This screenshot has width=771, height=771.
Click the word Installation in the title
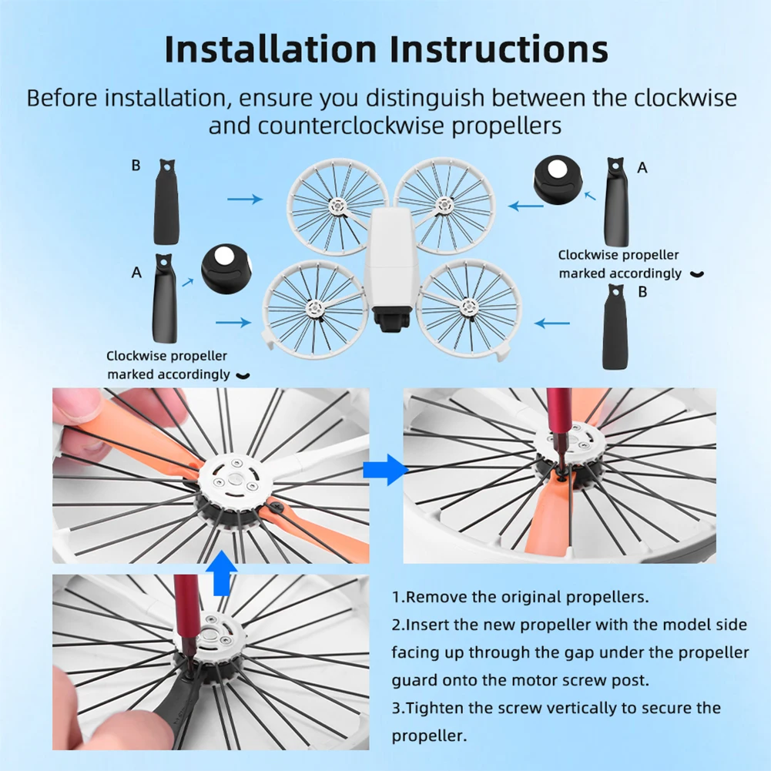click(x=270, y=49)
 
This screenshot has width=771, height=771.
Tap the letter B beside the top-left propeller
click(x=136, y=166)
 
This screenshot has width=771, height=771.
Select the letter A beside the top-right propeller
click(x=642, y=168)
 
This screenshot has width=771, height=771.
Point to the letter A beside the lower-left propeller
click(x=136, y=273)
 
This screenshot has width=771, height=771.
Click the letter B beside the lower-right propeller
click(x=642, y=292)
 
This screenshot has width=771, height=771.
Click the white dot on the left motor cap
click(x=223, y=256)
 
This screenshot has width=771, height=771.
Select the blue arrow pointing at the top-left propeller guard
click(x=245, y=199)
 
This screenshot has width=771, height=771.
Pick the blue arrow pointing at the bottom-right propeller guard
click(x=551, y=323)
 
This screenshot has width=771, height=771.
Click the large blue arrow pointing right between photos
click(x=385, y=470)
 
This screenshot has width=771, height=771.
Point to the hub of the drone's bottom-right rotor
click(x=468, y=307)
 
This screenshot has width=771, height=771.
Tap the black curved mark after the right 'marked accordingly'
click(x=697, y=274)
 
